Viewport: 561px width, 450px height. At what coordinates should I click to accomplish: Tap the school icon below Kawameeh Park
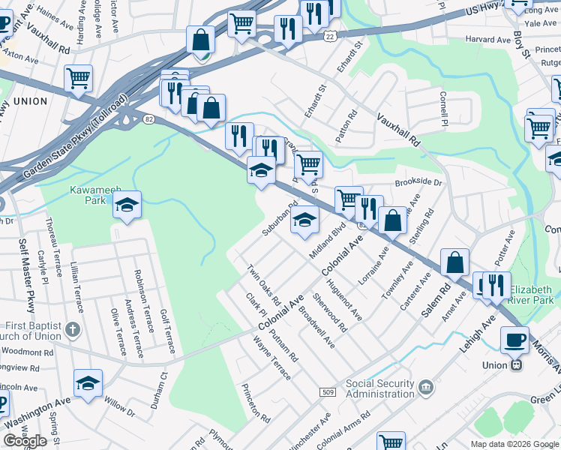(x=127, y=205)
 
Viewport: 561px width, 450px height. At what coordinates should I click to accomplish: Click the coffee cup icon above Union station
(x=514, y=339)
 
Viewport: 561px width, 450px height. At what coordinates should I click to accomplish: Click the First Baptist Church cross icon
(x=72, y=328)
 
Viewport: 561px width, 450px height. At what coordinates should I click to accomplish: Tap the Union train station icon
(x=516, y=365)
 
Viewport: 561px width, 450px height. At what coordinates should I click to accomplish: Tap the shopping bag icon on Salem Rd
(x=454, y=262)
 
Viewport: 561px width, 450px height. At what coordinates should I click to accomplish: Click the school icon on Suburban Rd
(x=305, y=220)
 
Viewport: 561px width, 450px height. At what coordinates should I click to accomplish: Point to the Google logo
(x=25, y=441)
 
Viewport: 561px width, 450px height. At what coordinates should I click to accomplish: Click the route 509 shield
(x=327, y=391)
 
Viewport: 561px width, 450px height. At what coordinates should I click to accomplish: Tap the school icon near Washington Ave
(x=88, y=384)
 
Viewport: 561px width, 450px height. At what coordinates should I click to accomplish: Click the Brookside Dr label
(x=418, y=182)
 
